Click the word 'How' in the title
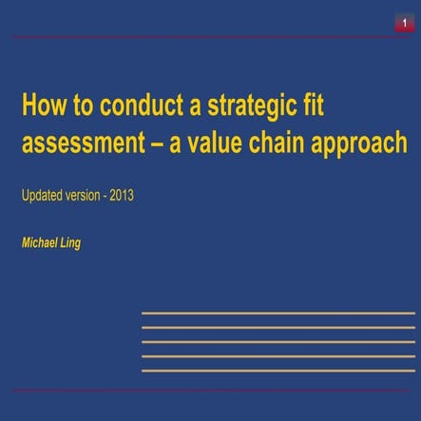click(41, 104)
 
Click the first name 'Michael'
click(40, 243)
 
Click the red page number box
click(404, 22)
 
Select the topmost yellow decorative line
click(277, 313)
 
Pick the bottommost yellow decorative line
click(277, 370)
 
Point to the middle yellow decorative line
click(277, 341)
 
